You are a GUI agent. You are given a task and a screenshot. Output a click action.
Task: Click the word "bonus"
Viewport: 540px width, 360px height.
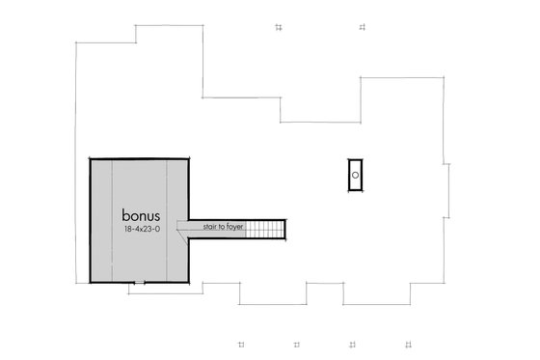140,212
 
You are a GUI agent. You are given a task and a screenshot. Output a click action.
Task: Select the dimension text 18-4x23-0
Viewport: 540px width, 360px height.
141,231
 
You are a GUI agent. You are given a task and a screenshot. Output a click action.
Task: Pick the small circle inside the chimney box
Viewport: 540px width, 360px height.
355,175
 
